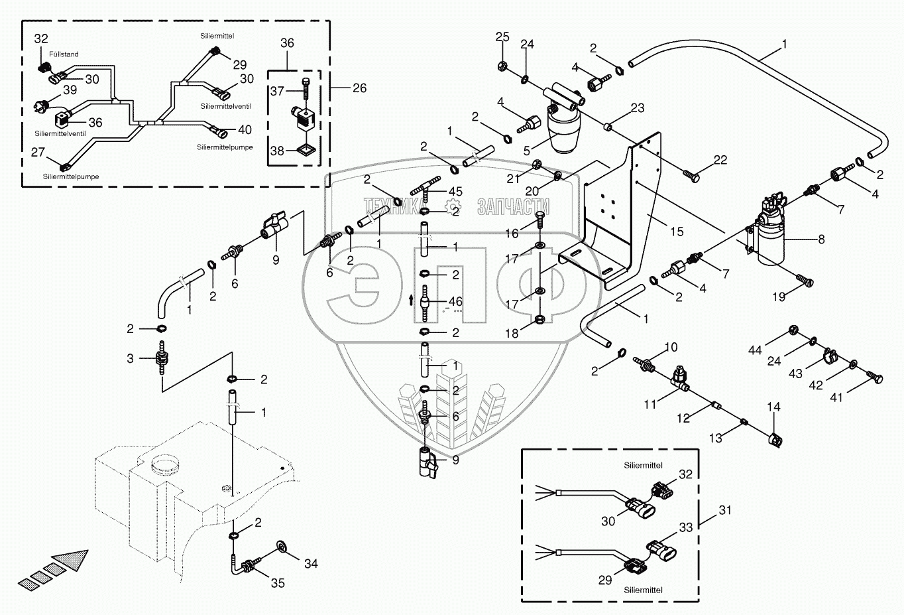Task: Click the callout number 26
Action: [x=359, y=88]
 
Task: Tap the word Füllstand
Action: [x=64, y=54]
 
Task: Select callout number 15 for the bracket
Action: [x=676, y=232]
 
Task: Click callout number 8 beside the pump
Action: [x=821, y=239]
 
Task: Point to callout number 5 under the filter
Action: [x=527, y=151]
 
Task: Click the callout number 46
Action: [x=455, y=302]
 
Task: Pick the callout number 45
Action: [x=455, y=192]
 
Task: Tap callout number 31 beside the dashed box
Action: [x=725, y=510]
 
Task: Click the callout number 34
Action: [x=311, y=563]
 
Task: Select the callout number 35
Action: [x=278, y=582]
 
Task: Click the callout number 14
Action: [x=773, y=407]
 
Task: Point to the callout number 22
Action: [x=720, y=160]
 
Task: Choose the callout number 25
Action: [x=502, y=36]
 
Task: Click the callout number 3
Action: [x=130, y=358]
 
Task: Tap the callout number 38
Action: [x=277, y=151]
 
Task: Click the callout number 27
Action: [x=38, y=152]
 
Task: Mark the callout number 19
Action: [x=779, y=297]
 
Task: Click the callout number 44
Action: [x=755, y=350]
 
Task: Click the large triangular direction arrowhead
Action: [x=73, y=559]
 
